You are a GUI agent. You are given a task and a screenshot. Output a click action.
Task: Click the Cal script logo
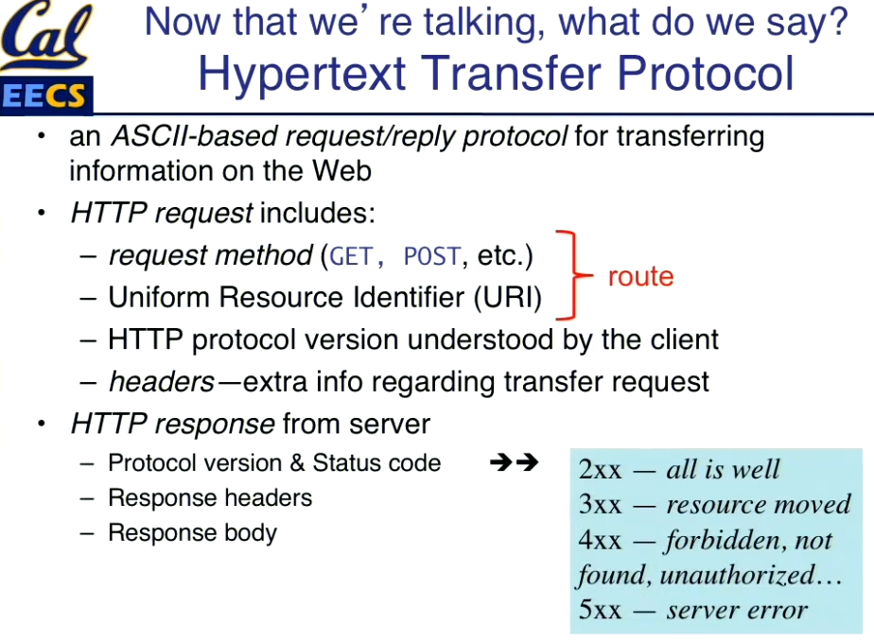44,36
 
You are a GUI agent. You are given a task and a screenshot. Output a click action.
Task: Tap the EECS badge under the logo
45,95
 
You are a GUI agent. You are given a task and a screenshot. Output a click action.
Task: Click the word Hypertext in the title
302,74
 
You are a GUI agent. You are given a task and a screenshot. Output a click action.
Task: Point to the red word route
640,276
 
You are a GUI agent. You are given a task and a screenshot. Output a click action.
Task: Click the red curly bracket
573,275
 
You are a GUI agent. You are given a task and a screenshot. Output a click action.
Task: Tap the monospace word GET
351,256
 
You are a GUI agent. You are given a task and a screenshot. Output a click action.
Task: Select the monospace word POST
432,256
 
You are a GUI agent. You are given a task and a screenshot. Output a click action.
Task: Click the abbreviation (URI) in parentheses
508,297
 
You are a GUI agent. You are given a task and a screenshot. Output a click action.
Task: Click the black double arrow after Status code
514,462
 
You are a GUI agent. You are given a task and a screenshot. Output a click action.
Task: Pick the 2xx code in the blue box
600,470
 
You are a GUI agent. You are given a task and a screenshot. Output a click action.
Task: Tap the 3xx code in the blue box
600,505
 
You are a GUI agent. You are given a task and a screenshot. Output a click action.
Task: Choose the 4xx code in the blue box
600,540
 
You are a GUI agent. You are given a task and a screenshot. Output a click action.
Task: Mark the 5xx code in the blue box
600,610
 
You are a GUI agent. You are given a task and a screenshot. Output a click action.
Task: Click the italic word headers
162,382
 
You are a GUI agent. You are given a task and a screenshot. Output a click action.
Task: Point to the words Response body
192,532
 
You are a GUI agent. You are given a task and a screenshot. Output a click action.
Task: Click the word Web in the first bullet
341,170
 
